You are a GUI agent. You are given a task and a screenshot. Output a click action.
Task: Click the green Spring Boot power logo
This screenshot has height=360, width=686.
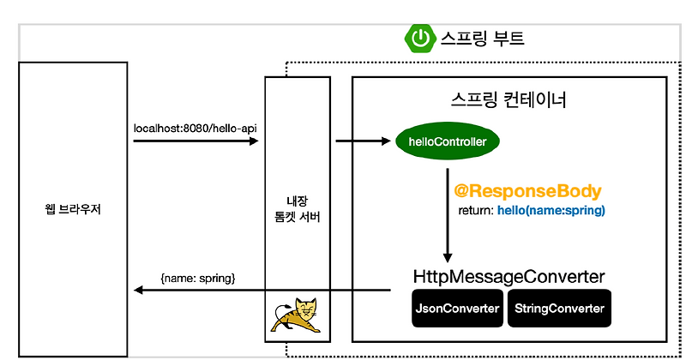tap(419, 38)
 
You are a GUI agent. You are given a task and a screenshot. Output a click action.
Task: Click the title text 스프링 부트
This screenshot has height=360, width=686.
tap(482, 39)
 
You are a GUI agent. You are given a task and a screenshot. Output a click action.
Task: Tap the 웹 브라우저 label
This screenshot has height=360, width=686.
tap(72, 208)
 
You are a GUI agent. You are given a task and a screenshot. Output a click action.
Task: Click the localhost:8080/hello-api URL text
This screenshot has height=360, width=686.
tap(196, 128)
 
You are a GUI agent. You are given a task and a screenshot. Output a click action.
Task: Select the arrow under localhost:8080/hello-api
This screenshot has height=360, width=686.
tap(196, 141)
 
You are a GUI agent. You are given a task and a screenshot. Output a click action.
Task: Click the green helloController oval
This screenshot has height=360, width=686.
tap(447, 141)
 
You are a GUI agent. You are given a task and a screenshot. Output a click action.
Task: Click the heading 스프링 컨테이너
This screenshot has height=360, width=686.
tap(508, 99)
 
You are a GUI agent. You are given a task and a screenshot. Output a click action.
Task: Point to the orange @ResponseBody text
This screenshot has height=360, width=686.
tap(527, 191)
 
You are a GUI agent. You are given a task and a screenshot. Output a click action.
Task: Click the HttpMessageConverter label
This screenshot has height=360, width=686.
tap(509, 277)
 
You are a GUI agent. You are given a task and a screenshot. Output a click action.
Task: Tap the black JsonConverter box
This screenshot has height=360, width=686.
tap(457, 309)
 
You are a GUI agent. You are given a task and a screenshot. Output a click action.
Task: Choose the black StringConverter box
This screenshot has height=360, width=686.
tap(560, 309)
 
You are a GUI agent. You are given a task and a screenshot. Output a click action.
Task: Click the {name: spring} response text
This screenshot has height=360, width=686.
tap(198, 279)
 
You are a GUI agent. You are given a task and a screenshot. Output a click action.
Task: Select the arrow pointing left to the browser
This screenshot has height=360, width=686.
tap(257, 291)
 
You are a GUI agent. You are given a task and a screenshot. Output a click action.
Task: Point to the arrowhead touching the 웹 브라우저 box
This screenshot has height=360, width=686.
tap(136, 291)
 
